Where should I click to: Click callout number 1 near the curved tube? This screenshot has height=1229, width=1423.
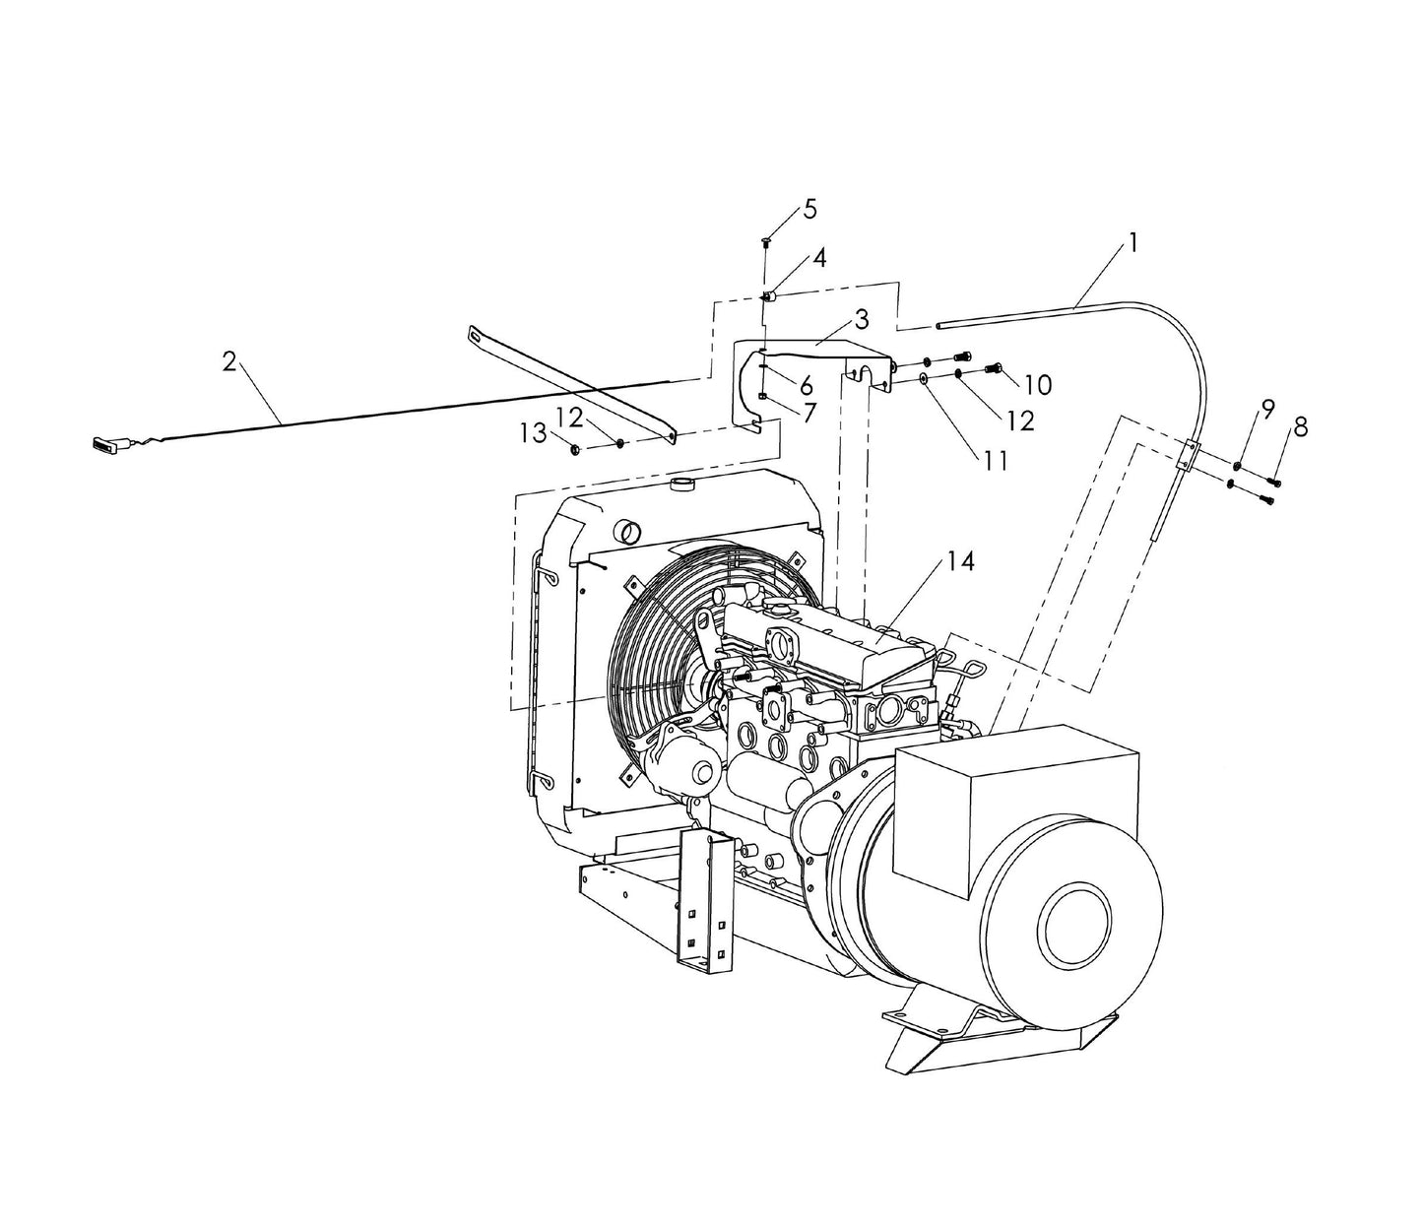[1133, 242]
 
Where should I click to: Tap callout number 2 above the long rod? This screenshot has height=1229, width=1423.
[229, 361]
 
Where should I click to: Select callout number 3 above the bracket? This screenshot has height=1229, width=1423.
[862, 319]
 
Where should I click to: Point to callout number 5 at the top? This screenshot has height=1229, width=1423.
[809, 209]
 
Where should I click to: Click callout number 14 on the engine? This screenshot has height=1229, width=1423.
[960, 560]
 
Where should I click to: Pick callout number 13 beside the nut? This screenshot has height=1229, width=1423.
[534, 432]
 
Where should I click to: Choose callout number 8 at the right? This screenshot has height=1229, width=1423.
[1301, 426]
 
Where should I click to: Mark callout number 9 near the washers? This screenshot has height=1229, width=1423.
[1267, 407]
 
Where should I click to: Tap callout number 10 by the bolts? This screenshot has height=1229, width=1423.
[1037, 384]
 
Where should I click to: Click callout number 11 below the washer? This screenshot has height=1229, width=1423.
[996, 459]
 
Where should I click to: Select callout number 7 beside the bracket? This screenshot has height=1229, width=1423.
[809, 412]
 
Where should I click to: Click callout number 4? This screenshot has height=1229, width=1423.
[818, 258]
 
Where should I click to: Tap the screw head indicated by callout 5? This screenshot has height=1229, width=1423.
[766, 240]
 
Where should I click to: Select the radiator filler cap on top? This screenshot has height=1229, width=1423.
[681, 484]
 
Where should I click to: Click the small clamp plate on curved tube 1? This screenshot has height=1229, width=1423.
[1190, 456]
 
